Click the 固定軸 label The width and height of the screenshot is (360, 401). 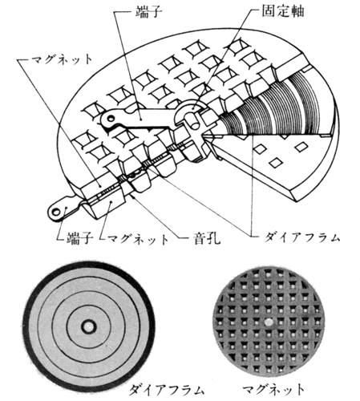pos(282,11)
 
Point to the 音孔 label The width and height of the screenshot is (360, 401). pos(207,237)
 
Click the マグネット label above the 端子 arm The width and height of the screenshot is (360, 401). pos(62,59)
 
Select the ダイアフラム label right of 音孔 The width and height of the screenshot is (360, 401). pos(302,237)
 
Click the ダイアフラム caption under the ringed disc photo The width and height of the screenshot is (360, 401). pos(166,390)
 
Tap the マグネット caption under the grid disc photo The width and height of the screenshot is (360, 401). pos(273,389)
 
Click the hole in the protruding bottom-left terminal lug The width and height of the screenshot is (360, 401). pos(57,212)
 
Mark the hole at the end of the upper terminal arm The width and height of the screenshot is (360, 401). pos(110,118)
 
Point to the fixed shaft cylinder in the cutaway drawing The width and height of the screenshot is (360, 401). pos(192,121)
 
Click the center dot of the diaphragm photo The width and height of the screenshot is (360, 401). pos(88,326)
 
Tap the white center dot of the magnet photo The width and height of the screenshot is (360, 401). pos(269,322)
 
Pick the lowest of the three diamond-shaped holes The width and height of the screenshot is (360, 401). pos(276,162)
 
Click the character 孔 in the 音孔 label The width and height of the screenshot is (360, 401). pos(214,237)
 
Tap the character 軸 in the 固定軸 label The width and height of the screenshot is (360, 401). pos(297,11)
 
